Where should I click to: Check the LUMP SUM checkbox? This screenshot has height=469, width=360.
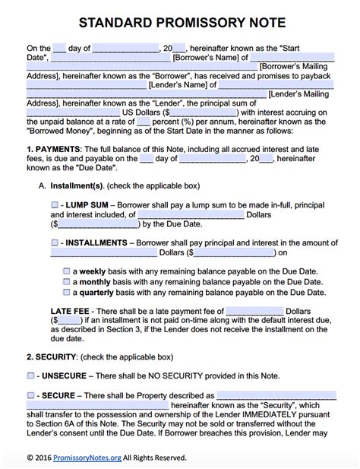click(x=54, y=205)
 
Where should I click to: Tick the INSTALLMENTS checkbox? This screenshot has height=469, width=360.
click(x=54, y=242)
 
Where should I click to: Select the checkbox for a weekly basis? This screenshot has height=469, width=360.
click(x=66, y=271)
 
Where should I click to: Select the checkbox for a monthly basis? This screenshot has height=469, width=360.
click(x=66, y=281)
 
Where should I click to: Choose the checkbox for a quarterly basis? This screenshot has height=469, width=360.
click(x=66, y=291)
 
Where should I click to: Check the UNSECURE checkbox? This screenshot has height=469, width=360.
click(x=30, y=376)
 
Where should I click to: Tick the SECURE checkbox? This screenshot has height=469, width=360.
click(x=30, y=395)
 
